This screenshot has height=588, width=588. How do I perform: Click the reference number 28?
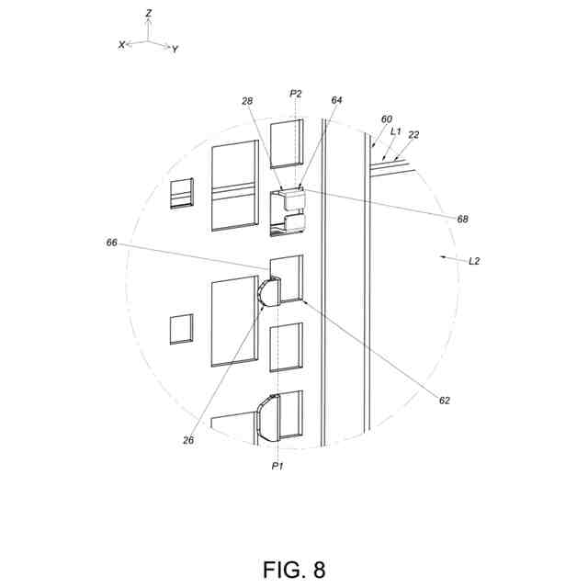pos(247,101)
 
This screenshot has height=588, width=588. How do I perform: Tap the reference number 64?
pos(337,101)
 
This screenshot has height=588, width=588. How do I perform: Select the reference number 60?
pos(386,119)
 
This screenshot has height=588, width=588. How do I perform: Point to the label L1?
pos(396,131)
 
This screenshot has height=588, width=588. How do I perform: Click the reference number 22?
pos(413,135)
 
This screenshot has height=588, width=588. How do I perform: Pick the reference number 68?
pos(463,219)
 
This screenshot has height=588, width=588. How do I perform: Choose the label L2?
pos(474,262)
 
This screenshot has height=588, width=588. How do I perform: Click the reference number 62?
pos(445,400)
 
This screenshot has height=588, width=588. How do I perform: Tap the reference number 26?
pos(188,440)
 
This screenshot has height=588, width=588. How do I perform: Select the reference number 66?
pos(112,243)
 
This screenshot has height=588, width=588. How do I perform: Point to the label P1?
pos(277,467)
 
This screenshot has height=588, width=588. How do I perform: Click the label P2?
pos(295,93)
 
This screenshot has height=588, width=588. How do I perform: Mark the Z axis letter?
pos(149,14)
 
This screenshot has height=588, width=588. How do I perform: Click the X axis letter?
pos(121,44)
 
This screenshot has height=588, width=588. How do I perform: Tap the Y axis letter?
pos(175,49)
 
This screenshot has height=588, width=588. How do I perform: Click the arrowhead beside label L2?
pos(444,258)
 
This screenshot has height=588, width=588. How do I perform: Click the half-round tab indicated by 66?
pos(268,292)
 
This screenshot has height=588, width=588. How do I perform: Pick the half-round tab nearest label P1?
pos(268,415)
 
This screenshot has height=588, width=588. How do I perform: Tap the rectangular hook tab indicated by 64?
pos(293,198)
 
